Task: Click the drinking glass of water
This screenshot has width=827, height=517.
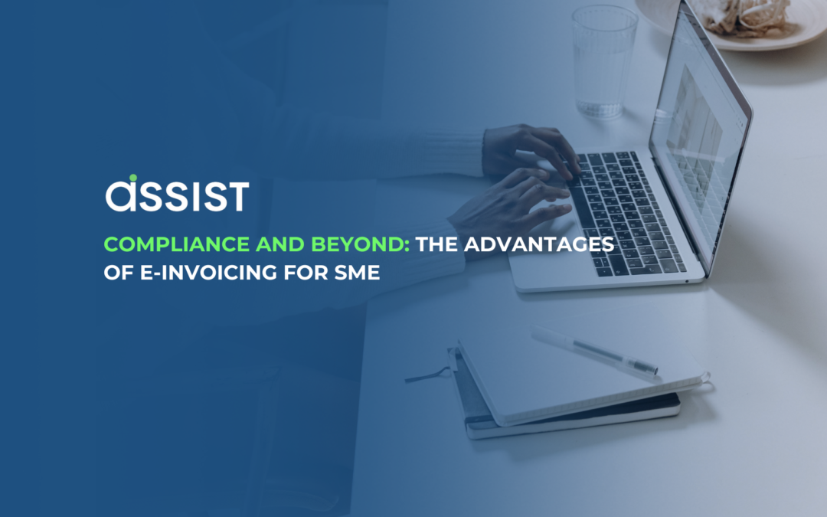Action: coord(604,61)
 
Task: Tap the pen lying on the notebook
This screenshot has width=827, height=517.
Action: coord(593,351)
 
